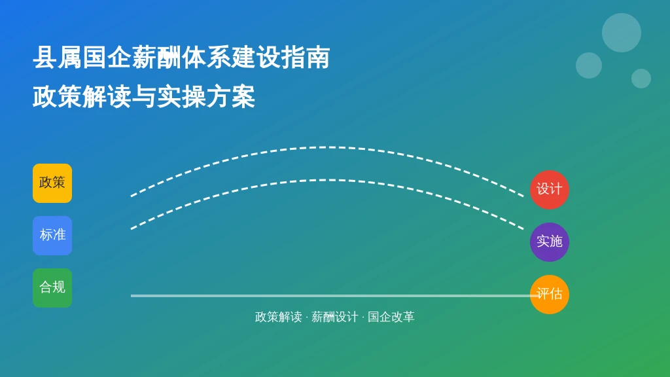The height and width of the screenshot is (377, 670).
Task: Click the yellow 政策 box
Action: click(52, 183)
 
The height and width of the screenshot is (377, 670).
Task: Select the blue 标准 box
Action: click(52, 236)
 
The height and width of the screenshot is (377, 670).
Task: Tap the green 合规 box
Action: click(52, 288)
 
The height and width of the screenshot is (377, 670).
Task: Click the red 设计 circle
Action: click(550, 190)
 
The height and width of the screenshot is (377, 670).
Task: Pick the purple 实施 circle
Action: click(550, 242)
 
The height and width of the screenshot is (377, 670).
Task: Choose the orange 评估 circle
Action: click(550, 295)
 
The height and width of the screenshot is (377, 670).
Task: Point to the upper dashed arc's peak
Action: click(327, 147)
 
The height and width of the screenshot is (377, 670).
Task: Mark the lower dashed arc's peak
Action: click(327, 181)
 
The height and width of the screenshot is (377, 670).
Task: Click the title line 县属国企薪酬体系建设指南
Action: click(181, 58)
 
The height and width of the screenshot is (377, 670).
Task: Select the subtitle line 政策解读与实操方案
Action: click(144, 97)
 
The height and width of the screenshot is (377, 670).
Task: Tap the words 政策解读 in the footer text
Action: click(278, 317)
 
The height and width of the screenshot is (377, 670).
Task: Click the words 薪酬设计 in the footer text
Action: click(334, 317)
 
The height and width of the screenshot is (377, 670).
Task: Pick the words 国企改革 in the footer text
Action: click(391, 317)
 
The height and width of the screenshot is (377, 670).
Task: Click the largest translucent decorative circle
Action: click(622, 33)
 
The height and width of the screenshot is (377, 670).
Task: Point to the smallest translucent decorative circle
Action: click(641, 79)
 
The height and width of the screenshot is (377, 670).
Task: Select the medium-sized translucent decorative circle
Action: click(589, 65)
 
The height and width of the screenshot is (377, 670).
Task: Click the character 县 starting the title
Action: click(45, 58)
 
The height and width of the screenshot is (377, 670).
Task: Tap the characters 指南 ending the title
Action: click(305, 58)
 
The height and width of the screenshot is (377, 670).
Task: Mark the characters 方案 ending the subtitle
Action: click(231, 97)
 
